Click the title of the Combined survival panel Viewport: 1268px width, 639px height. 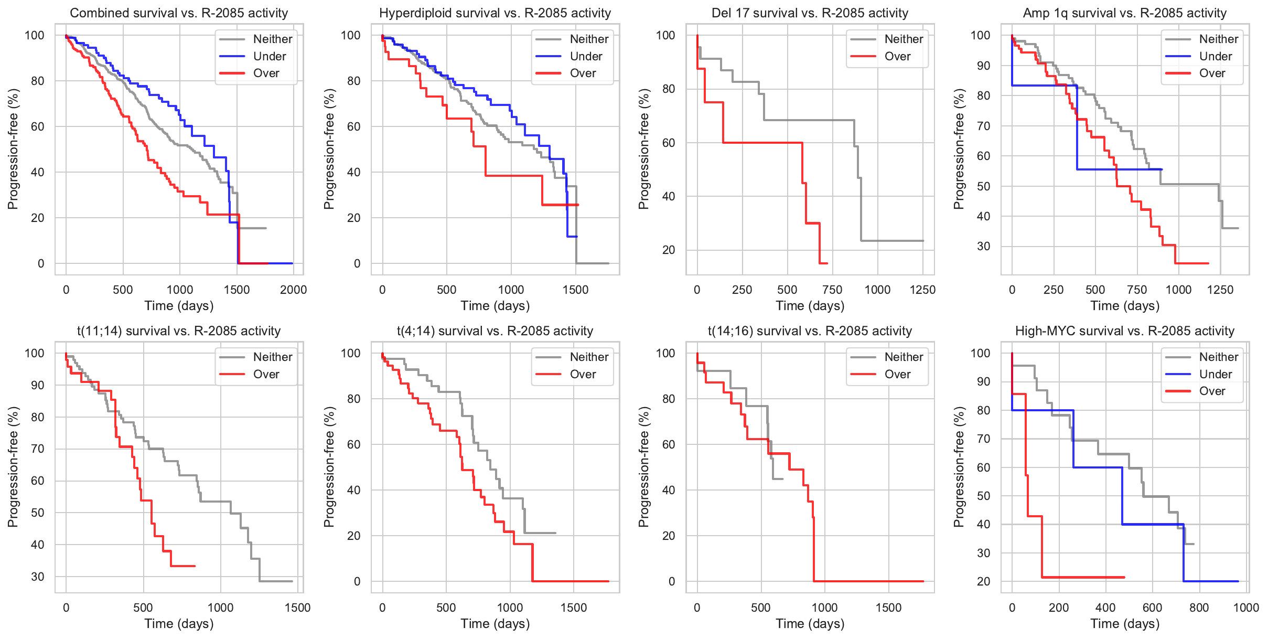pos(179,13)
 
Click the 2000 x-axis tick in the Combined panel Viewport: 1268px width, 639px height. pos(294,290)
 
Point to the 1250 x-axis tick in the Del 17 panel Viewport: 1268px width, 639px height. pos(922,290)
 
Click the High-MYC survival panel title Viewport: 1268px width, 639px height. pos(1124,331)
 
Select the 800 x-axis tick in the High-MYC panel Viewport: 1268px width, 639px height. pos(1199,608)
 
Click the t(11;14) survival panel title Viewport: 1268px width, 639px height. pos(179,331)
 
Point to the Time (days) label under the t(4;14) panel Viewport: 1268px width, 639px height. pos(495,623)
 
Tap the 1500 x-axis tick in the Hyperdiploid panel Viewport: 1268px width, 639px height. pos(576,290)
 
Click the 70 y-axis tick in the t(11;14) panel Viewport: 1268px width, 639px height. pos(38,449)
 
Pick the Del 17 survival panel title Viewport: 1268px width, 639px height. pos(810,13)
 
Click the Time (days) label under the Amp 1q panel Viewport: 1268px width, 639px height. pos(1124,305)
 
